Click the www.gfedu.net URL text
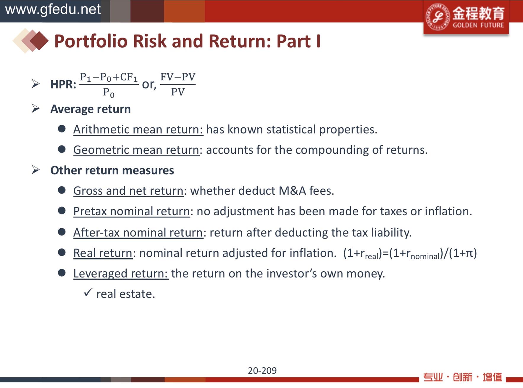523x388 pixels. click(53, 9)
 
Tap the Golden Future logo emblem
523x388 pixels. click(437, 17)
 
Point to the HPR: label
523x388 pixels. click(63, 84)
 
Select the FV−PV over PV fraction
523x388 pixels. click(178, 84)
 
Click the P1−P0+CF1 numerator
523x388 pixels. click(109, 77)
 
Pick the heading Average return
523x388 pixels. click(91, 109)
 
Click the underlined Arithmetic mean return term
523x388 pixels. click(138, 129)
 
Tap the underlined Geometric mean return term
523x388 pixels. click(136, 150)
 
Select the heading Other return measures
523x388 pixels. click(112, 170)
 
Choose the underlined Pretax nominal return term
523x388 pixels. click(132, 211)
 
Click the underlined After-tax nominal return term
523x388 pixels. click(138, 233)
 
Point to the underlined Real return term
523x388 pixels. click(103, 253)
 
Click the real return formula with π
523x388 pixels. click(410, 254)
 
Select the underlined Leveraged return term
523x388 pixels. click(121, 274)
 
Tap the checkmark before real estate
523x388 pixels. click(88, 292)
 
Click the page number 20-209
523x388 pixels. click(262, 371)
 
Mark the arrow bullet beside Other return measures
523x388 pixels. click(35, 170)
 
